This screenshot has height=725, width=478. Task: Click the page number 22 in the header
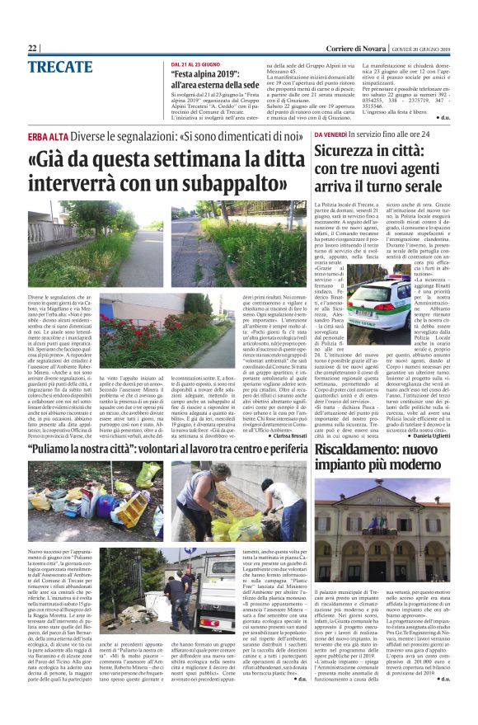coord(33,49)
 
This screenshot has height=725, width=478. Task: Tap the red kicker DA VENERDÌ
coord(330,134)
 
